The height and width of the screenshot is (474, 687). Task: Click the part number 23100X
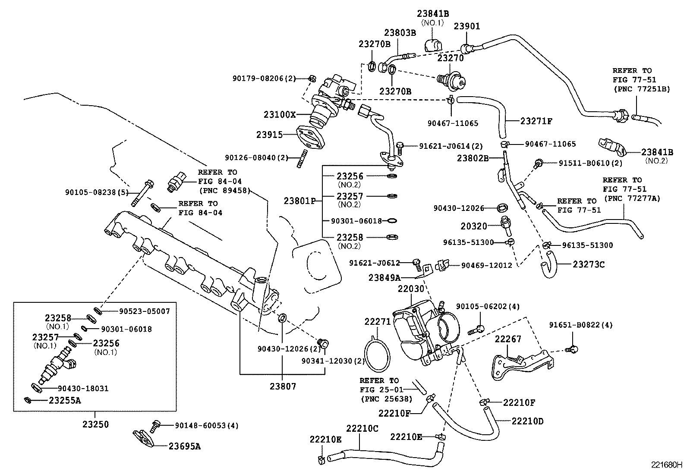[280, 115]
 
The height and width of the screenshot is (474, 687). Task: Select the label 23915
[269, 135]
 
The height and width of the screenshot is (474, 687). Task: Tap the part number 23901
[466, 26]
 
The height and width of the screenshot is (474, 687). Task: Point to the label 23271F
[536, 121]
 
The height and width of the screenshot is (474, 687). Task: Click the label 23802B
[473, 158]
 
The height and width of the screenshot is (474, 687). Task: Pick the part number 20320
[473, 226]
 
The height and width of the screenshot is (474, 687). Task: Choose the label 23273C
[589, 264]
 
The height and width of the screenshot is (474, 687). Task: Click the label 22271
[377, 321]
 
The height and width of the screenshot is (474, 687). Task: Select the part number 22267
[508, 339]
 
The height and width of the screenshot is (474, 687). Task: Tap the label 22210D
[527, 421]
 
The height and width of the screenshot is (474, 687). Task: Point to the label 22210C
[362, 428]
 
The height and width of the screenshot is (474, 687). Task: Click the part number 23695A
[184, 446]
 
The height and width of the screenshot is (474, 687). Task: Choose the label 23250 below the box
[95, 424]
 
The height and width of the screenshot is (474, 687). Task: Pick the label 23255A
[65, 400]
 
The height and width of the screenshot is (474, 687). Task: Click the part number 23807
[283, 386]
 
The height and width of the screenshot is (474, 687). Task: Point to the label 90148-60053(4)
[206, 426]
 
